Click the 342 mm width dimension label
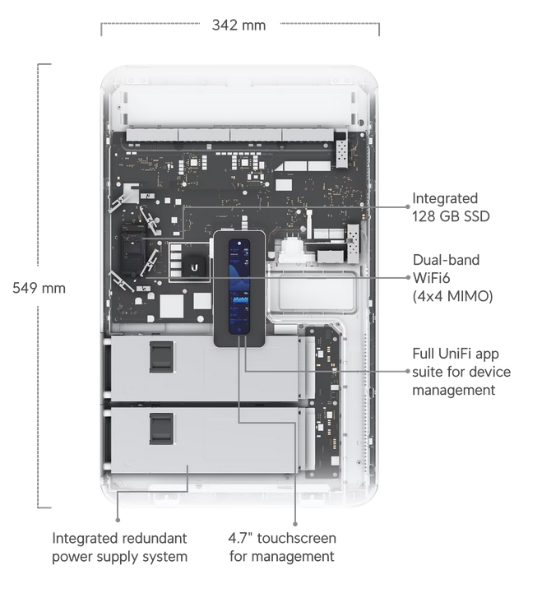point(239,25)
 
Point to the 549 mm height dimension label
point(39,288)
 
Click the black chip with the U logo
point(194,266)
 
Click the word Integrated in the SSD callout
point(445,198)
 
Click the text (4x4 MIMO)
point(452,296)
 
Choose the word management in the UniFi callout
point(454,390)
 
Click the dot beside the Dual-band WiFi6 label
point(406,278)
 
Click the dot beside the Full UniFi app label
point(406,371)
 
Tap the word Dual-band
point(446,260)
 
